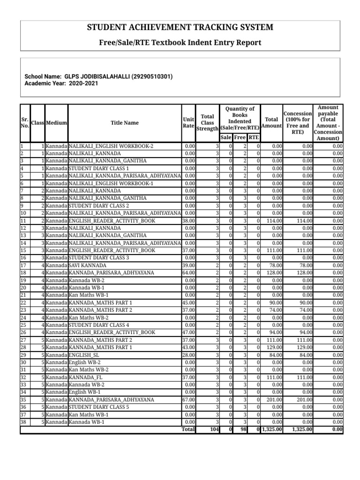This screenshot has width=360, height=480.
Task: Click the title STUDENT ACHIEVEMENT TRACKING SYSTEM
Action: click(180, 28)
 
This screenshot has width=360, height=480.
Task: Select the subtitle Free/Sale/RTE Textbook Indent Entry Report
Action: click(180, 43)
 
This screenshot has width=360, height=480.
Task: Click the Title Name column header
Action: click(124, 123)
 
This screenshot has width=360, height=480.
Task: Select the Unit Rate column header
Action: click(189, 123)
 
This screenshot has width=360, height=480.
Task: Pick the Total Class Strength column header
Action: click(207, 123)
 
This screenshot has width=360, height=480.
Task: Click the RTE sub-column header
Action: click(254, 137)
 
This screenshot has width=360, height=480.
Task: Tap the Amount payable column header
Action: click(330, 123)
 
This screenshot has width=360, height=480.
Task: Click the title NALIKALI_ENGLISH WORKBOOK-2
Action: click(111, 146)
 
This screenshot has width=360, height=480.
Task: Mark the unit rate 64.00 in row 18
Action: click(188, 273)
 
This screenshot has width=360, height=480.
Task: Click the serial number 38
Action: click(23, 422)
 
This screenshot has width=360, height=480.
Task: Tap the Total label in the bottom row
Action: click(188, 429)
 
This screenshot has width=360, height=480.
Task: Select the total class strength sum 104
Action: click(214, 429)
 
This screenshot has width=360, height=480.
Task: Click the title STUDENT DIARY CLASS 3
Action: click(99, 258)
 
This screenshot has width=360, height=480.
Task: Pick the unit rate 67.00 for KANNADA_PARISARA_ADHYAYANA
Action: click(188, 400)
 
